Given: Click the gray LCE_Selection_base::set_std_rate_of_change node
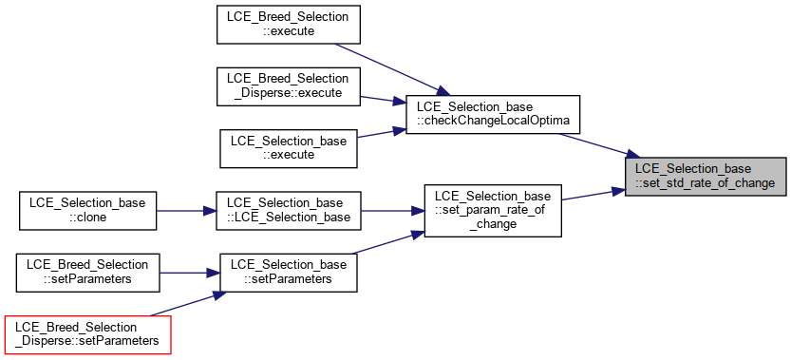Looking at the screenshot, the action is (x=706, y=177).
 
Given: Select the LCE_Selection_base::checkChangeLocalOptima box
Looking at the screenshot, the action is (x=493, y=115).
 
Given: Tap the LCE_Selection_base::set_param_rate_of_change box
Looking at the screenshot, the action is (x=493, y=211).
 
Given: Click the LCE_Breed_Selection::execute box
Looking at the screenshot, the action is (x=288, y=25).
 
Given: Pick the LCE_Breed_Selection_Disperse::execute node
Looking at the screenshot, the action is (x=288, y=86).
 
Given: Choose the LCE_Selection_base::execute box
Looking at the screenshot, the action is (x=289, y=148).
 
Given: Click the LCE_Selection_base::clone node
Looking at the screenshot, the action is (x=87, y=211).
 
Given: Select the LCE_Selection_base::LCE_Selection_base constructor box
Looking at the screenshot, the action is (x=289, y=211).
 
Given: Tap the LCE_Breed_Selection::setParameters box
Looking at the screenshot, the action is (x=87, y=273).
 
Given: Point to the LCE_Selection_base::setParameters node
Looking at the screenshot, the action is (x=289, y=273).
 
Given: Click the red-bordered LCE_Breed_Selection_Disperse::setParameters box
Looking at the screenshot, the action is (x=87, y=334).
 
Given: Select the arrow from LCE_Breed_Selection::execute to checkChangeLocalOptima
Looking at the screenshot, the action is (x=392, y=69).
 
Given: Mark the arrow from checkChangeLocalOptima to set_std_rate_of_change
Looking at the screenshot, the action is (x=599, y=145).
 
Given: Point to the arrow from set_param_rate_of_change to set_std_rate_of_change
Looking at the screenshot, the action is (x=593, y=195).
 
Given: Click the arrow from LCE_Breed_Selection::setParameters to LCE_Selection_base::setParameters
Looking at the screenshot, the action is (x=190, y=274).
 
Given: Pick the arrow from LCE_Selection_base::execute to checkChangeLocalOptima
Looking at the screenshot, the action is (x=382, y=133).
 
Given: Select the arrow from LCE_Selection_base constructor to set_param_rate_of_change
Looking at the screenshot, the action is (x=392, y=211).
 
